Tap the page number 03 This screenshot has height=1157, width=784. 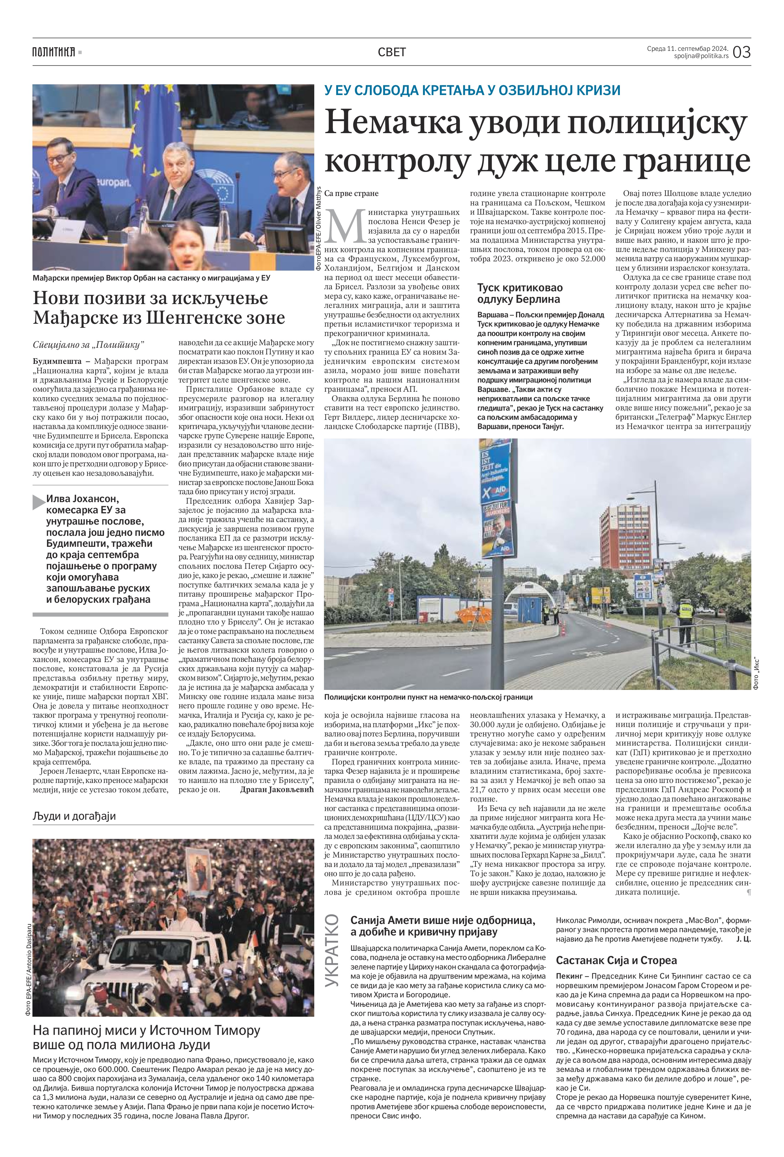click(741, 52)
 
